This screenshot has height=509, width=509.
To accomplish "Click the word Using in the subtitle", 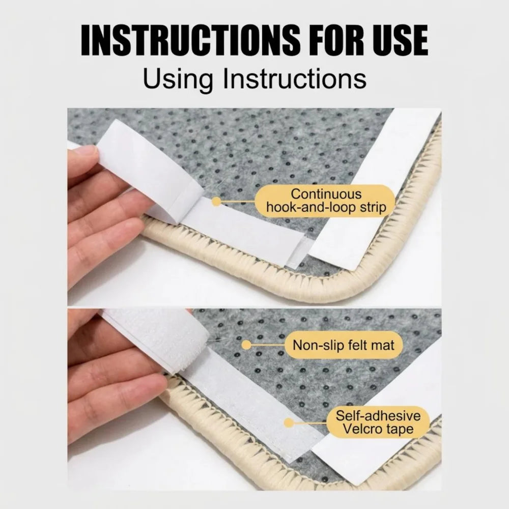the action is pyautogui.click(x=178, y=79).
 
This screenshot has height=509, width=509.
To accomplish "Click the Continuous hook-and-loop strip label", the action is pyautogui.click(x=326, y=201).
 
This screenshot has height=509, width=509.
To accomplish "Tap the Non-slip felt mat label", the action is pyautogui.click(x=344, y=345).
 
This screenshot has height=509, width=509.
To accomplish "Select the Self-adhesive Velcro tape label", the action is pyautogui.click(x=378, y=422).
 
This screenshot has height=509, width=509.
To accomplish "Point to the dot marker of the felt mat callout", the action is pyautogui.click(x=246, y=345).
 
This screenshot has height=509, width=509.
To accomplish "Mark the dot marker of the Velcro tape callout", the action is pyautogui.click(x=289, y=422).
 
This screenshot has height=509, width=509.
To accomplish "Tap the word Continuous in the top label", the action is pyautogui.click(x=326, y=194).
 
